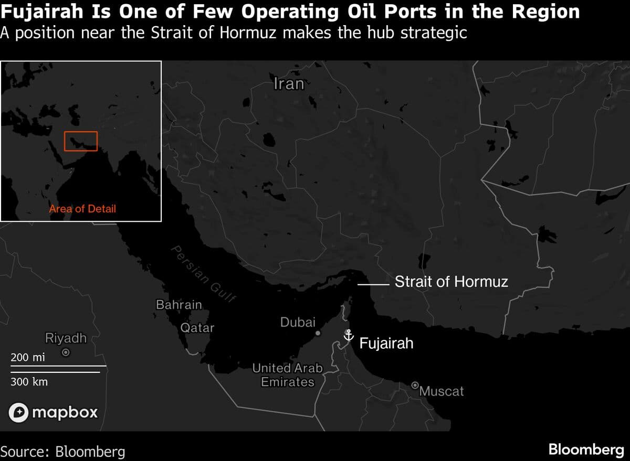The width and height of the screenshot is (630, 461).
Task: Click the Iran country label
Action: click(289, 84)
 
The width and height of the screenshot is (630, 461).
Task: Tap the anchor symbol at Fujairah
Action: click(348, 335)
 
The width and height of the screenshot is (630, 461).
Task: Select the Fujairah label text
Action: click(386, 344)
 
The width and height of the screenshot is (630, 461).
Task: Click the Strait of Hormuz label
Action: click(451, 282)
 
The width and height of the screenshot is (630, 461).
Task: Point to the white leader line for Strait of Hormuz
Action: click(373, 284)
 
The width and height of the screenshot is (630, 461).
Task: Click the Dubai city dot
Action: click(318, 333)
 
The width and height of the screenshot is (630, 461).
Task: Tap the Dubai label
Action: click(298, 322)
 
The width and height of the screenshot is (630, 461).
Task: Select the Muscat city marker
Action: click(414, 385)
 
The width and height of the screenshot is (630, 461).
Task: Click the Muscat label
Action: click(442, 391)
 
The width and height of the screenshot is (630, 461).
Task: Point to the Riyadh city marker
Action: click(66, 353)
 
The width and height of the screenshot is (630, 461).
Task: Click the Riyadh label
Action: click(66, 338)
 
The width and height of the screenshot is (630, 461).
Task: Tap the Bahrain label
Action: click(179, 304)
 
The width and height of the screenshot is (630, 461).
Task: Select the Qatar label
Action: click(197, 328)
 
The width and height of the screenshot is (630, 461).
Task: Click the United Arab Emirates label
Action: click(288, 375)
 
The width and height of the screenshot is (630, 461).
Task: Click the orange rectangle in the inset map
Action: click(81, 141)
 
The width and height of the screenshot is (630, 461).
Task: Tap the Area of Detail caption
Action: click(82, 209)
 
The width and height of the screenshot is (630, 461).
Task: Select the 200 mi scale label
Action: click(28, 358)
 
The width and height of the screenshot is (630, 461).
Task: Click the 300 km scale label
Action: click(29, 382)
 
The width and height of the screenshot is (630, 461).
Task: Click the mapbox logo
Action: click(54, 412)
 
